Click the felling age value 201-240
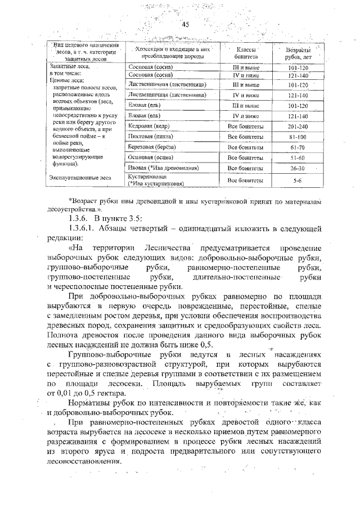298,127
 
